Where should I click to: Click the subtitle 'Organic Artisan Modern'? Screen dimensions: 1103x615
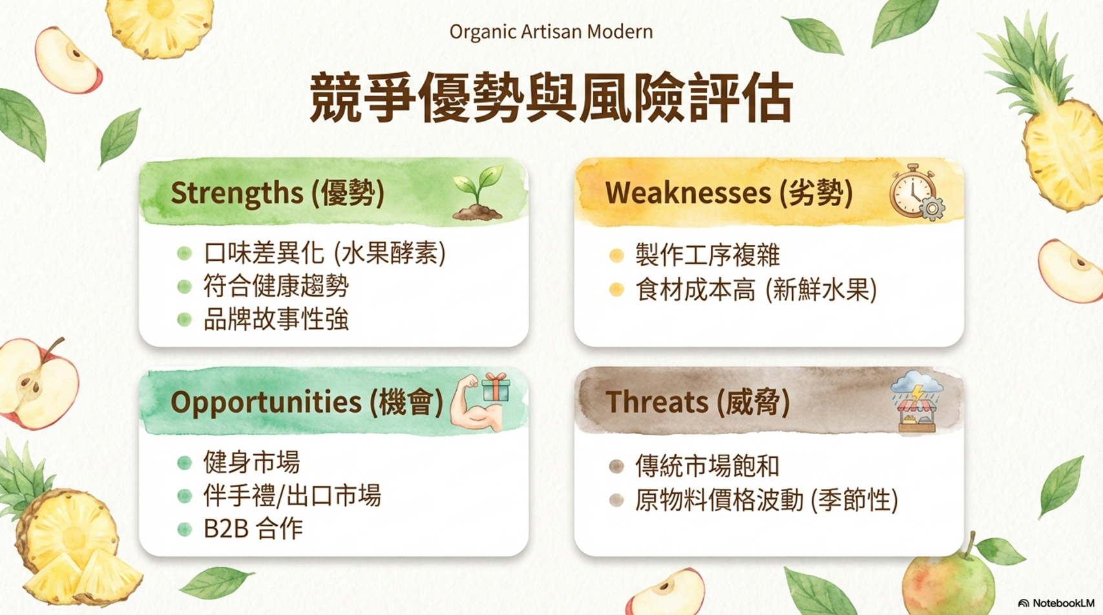[x=551, y=32]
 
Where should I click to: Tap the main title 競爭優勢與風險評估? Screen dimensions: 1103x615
[x=551, y=98]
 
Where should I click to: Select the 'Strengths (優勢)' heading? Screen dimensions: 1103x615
[x=277, y=193]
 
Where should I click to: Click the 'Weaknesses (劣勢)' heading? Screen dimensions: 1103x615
[x=729, y=193]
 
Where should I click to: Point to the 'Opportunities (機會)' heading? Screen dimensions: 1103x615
[x=307, y=402]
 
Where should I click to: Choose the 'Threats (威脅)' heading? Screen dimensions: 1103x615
[x=697, y=402]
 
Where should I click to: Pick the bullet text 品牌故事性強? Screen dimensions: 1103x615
[x=277, y=319]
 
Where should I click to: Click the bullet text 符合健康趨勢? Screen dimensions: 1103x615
[x=277, y=286]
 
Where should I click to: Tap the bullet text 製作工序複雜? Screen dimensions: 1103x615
[x=708, y=255]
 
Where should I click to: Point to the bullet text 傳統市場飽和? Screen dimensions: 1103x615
[x=708, y=466]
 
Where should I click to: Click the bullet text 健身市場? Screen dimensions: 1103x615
[x=251, y=463]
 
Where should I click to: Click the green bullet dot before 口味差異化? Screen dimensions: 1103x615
[x=184, y=254]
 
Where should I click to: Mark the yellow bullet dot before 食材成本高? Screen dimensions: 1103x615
[x=616, y=289]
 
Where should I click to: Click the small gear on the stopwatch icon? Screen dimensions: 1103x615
[x=932, y=209]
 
